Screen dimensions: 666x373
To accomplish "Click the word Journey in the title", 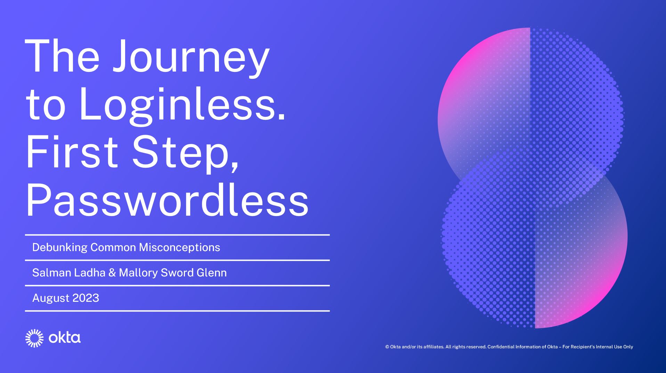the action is coord(191,57).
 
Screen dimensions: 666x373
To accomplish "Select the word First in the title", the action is coord(72,152).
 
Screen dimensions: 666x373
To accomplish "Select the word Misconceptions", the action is coord(179,248).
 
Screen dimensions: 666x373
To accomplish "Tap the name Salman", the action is coord(51,273).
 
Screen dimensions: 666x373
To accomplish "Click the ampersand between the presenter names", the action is coord(112,273).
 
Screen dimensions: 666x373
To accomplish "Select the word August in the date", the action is coord(50,298).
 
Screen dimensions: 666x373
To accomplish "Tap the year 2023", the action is coord(86,298).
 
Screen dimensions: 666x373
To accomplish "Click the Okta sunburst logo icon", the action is coord(34,338).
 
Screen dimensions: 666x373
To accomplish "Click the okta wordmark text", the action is coord(65,338).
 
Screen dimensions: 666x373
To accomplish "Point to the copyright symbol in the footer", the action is coord(387,347).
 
